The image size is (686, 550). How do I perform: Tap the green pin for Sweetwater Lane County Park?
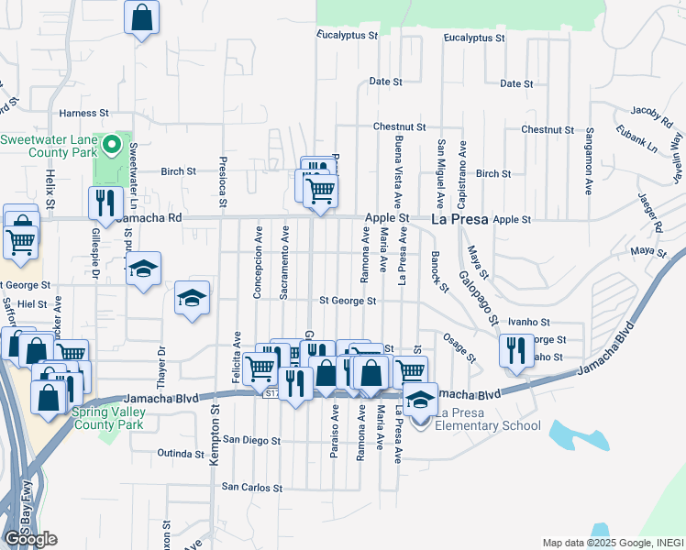(x=113, y=144)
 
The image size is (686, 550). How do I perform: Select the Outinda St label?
(x=179, y=454)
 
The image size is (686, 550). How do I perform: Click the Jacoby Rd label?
(x=651, y=116)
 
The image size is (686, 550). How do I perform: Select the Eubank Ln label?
(x=638, y=143)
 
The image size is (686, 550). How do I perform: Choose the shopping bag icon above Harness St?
(x=141, y=16)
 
